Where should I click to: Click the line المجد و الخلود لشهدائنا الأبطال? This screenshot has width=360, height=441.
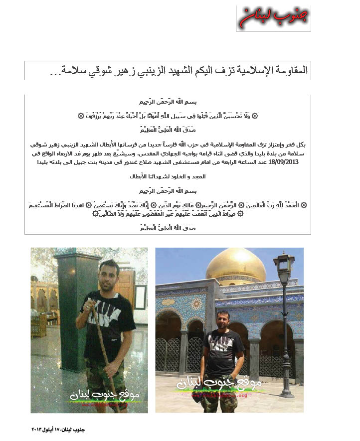pyautogui.click(x=168, y=176)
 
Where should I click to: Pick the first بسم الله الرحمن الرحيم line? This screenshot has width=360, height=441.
pyautogui.click(x=168, y=102)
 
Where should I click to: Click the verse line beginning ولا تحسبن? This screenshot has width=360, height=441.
pyautogui.click(x=168, y=116)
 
